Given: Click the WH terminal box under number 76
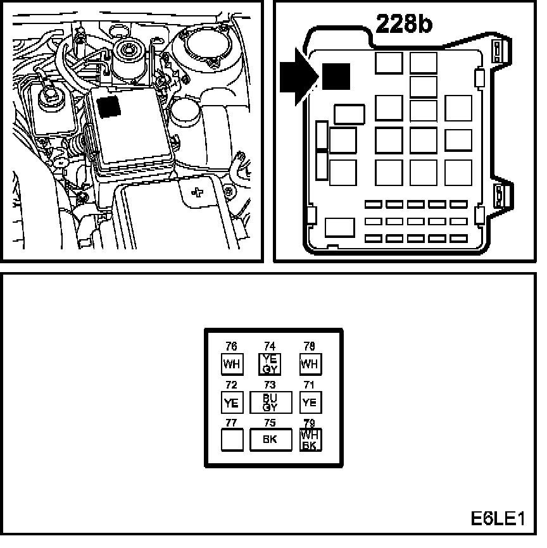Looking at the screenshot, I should [232, 364].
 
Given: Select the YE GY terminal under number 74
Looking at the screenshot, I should [270, 364].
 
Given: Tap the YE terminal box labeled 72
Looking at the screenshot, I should [232, 402].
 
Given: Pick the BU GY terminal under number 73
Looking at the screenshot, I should [270, 402].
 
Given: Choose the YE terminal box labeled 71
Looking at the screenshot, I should [310, 402].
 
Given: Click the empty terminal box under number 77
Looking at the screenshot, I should [232, 440].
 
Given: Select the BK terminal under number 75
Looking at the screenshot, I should [270, 440].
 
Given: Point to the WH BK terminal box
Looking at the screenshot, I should [310, 440].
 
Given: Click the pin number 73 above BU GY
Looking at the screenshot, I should [270, 385].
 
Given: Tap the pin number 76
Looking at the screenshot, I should [232, 347].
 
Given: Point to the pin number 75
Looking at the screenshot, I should [270, 423].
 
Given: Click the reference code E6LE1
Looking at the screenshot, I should [498, 520].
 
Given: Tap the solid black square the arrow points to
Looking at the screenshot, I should [336, 77].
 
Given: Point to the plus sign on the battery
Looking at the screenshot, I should [198, 191].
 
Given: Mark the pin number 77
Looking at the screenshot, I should [232, 423].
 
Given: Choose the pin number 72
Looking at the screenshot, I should [232, 385].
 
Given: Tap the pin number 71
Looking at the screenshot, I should [310, 385].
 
